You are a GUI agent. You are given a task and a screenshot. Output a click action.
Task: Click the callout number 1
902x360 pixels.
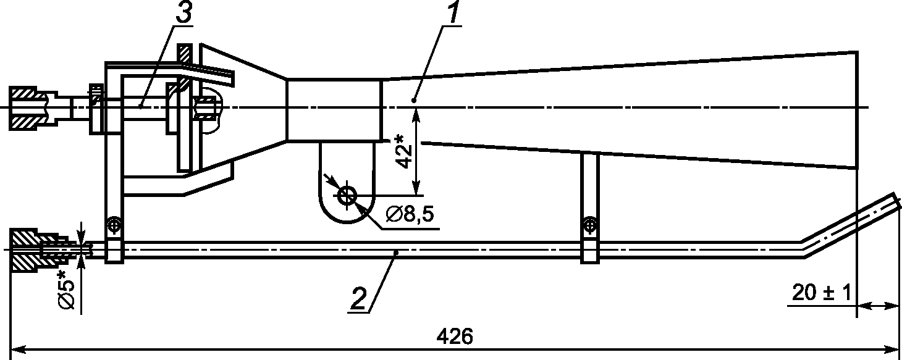click(x=453, y=13)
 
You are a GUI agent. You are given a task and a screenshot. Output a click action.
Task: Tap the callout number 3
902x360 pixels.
click(x=183, y=13)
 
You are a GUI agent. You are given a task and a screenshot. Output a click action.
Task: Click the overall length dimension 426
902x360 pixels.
click(x=455, y=337)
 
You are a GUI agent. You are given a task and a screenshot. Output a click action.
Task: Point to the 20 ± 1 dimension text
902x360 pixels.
click(x=822, y=293)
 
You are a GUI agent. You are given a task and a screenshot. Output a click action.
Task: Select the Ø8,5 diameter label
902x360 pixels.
click(x=410, y=215)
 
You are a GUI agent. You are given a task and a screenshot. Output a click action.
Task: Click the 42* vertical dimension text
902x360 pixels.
click(x=403, y=152)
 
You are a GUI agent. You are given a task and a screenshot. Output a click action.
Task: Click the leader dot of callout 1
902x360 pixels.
click(x=413, y=100)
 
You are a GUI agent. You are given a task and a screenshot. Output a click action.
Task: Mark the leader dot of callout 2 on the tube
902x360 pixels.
click(x=396, y=253)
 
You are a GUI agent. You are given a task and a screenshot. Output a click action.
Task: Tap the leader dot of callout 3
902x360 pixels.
click(x=140, y=106)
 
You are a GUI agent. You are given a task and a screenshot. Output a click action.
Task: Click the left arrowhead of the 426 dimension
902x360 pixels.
click(x=17, y=349)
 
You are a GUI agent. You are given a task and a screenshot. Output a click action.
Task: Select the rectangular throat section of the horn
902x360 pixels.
click(x=334, y=110)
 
